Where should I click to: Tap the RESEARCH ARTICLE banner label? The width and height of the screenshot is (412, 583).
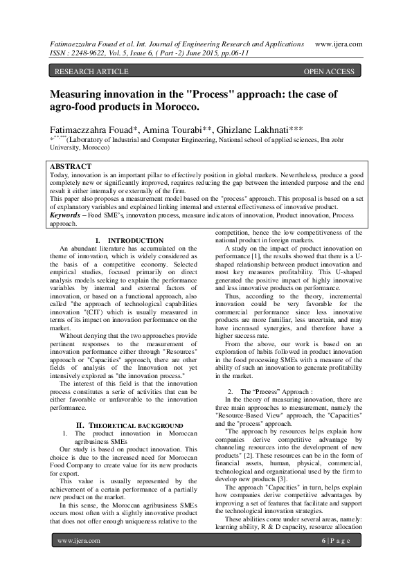pyautogui.click(x=91, y=71)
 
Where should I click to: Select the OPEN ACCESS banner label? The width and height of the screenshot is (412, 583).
pyautogui.click(x=329, y=71)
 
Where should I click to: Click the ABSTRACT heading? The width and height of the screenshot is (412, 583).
pyautogui.click(x=71, y=167)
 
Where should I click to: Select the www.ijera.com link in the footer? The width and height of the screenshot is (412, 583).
pyautogui.click(x=75, y=559)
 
